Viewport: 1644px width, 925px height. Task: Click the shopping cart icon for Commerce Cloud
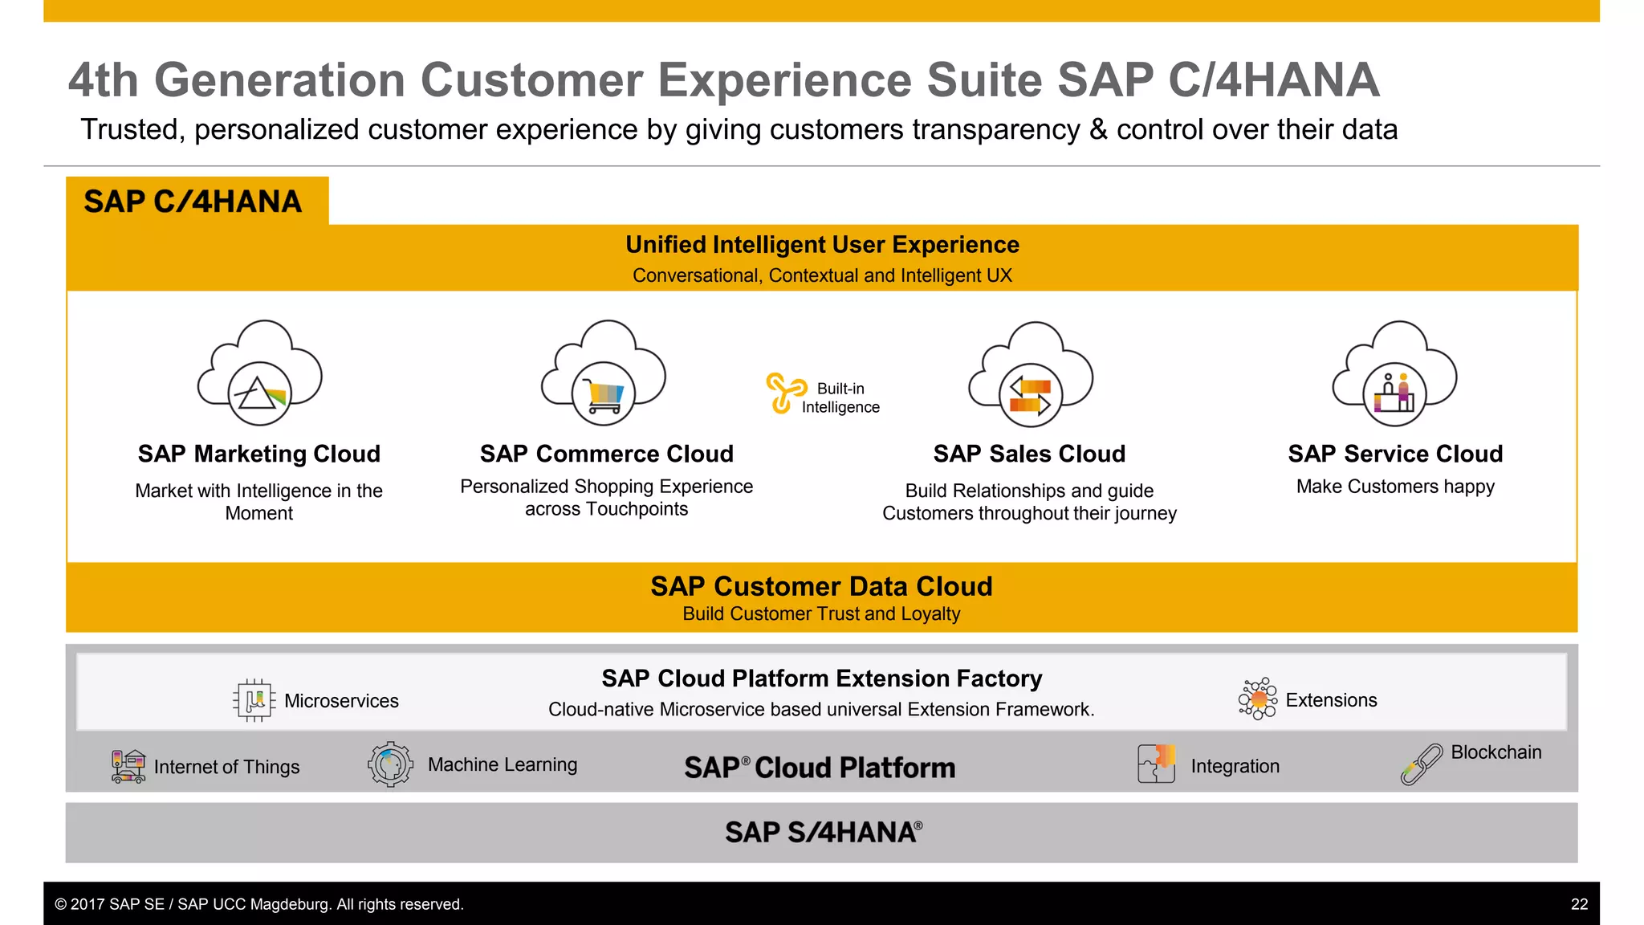point(604,394)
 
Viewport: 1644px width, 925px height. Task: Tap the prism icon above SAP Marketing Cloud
point(259,393)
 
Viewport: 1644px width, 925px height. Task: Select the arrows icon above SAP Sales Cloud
point(1031,395)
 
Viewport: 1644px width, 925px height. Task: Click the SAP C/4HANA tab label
point(193,202)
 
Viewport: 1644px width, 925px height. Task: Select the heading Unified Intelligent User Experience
point(822,244)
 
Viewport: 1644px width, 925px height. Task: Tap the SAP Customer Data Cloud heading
point(821,586)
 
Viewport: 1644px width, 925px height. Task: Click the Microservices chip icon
point(254,700)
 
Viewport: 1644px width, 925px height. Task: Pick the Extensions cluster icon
point(1258,699)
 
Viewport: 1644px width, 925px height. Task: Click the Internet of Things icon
point(128,766)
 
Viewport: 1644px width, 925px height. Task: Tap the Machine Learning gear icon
point(390,764)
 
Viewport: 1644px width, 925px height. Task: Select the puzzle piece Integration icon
point(1157,764)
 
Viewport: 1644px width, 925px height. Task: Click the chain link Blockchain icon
point(1421,764)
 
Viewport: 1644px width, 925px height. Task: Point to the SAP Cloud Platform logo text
point(820,768)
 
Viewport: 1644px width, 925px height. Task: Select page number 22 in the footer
point(1579,904)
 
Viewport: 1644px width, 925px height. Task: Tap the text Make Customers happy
point(1395,487)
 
